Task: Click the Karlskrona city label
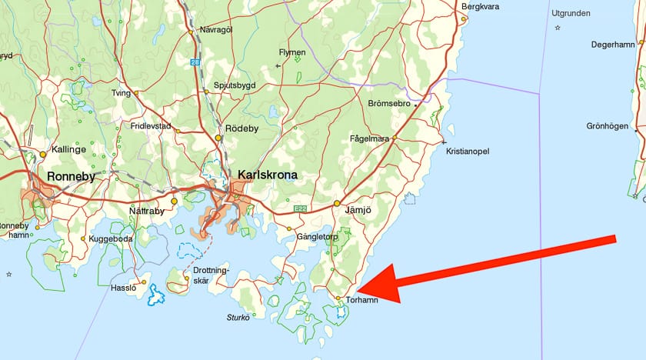tap(268, 175)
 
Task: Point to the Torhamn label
tap(362, 301)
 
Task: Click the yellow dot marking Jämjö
tap(337, 204)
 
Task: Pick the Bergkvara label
tap(481, 7)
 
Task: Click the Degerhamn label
tap(612, 45)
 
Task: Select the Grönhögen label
tap(608, 126)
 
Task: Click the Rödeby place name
tap(242, 128)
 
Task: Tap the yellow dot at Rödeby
tap(218, 138)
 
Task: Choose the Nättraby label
tap(147, 210)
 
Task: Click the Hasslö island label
tap(123, 287)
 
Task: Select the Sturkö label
tap(238, 316)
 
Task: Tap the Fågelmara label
tap(369, 138)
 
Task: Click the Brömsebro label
tap(389, 103)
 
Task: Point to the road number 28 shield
tap(195, 62)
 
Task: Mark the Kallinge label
tap(68, 149)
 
